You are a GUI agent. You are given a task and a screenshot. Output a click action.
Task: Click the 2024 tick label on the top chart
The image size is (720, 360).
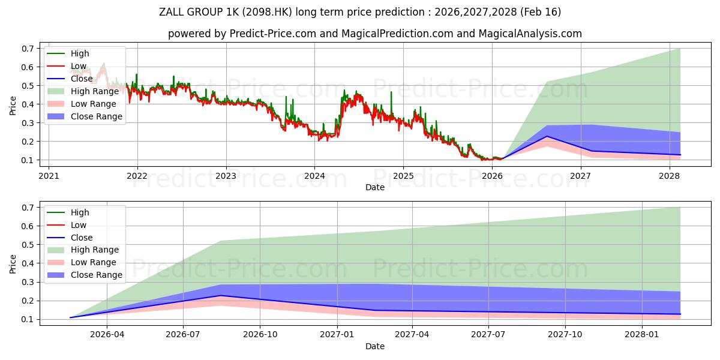point(314,176)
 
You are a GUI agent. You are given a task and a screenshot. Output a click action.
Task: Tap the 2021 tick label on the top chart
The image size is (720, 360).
point(49,176)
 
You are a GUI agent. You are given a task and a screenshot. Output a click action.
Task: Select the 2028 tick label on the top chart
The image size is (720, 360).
point(670,176)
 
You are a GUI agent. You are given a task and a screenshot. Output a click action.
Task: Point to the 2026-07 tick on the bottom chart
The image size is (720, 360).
point(183,335)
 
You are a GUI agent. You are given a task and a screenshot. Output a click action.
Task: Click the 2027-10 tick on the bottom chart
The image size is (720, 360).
point(565,335)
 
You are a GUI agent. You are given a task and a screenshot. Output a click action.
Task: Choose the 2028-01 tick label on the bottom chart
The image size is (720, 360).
point(642,335)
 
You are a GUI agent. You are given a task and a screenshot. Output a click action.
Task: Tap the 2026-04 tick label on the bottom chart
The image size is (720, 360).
point(107,335)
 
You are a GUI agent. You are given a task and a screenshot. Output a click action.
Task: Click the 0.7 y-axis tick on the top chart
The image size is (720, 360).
point(28,49)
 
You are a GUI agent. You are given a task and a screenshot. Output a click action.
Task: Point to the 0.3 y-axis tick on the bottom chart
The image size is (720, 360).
point(28,282)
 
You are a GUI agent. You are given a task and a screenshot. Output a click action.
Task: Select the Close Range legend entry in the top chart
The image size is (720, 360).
point(85,116)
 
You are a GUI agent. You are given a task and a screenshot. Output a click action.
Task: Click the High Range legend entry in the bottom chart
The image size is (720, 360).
point(83,250)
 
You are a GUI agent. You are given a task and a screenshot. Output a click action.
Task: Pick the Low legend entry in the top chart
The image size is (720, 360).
point(67,66)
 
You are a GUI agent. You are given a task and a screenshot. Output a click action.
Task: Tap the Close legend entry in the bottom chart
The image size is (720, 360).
point(70,238)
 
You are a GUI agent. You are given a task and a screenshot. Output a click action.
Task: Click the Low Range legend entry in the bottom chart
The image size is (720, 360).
point(82,262)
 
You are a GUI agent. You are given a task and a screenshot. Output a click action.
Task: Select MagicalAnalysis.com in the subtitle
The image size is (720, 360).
point(530,34)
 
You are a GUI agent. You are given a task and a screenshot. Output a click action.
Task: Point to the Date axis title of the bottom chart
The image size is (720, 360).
point(375,346)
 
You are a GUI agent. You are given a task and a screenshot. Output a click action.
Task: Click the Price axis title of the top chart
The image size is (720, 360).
point(13,106)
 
